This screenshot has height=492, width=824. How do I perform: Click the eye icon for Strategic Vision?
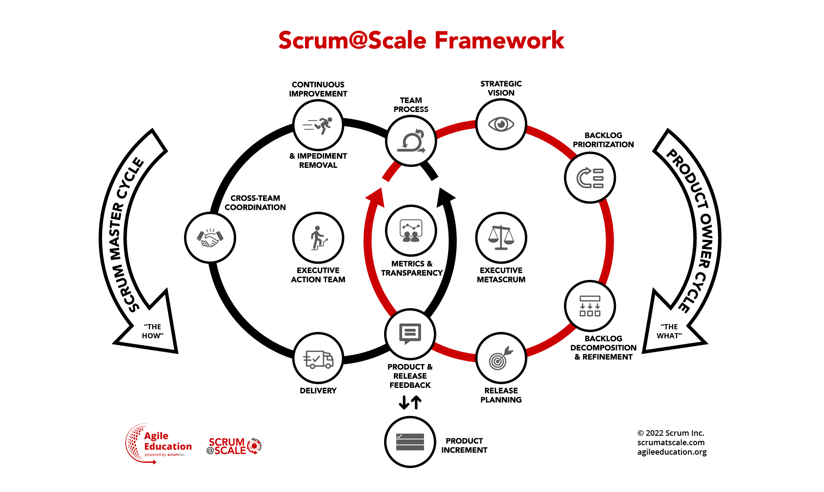point(501,125)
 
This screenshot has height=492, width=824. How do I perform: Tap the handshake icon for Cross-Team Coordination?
point(210,237)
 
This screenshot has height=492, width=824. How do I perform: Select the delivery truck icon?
point(318,358)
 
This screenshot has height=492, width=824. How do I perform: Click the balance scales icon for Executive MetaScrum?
point(501,237)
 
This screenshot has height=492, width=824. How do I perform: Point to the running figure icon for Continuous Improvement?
point(318,125)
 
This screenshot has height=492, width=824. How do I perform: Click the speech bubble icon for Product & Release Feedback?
point(410,334)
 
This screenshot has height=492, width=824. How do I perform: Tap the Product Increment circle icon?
point(410,442)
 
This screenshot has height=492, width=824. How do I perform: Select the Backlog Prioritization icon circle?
point(590,178)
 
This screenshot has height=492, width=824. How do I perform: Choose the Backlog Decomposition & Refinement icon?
point(590,306)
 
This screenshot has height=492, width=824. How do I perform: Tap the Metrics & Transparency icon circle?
point(411,231)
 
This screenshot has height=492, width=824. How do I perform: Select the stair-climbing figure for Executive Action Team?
point(318,237)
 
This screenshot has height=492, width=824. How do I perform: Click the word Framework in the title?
point(499,41)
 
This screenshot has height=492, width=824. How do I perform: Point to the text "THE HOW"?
point(153,331)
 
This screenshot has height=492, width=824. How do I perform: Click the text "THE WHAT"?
point(669,331)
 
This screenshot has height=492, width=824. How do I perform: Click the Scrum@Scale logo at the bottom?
point(234,446)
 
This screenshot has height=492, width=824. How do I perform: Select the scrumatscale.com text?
point(671,442)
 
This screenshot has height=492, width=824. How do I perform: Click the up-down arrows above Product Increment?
point(410,402)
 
